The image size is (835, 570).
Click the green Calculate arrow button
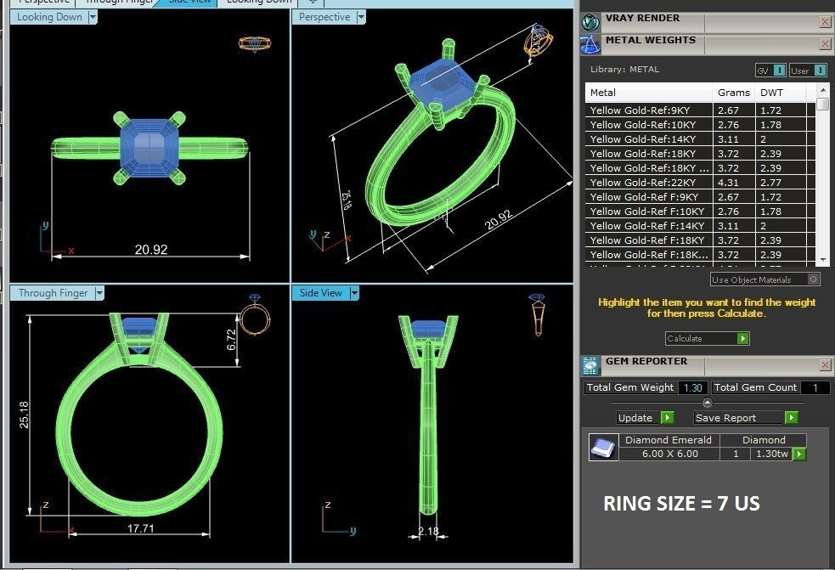(x=743, y=338)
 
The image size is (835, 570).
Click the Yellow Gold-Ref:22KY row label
(x=643, y=183)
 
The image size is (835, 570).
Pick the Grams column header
(x=733, y=92)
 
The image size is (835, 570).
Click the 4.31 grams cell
(x=729, y=183)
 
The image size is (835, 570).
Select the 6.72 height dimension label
(x=231, y=340)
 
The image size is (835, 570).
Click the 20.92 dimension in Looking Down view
(x=150, y=249)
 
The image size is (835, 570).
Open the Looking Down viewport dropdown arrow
(x=93, y=17)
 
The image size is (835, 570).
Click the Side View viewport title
(x=320, y=293)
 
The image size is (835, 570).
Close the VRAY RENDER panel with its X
(x=825, y=21)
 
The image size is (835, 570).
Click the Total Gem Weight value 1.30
(x=692, y=387)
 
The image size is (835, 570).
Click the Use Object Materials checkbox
(x=813, y=279)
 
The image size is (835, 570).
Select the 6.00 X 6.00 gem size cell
(x=669, y=454)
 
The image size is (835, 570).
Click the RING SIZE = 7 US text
(x=681, y=503)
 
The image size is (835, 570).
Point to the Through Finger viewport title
(x=53, y=293)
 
